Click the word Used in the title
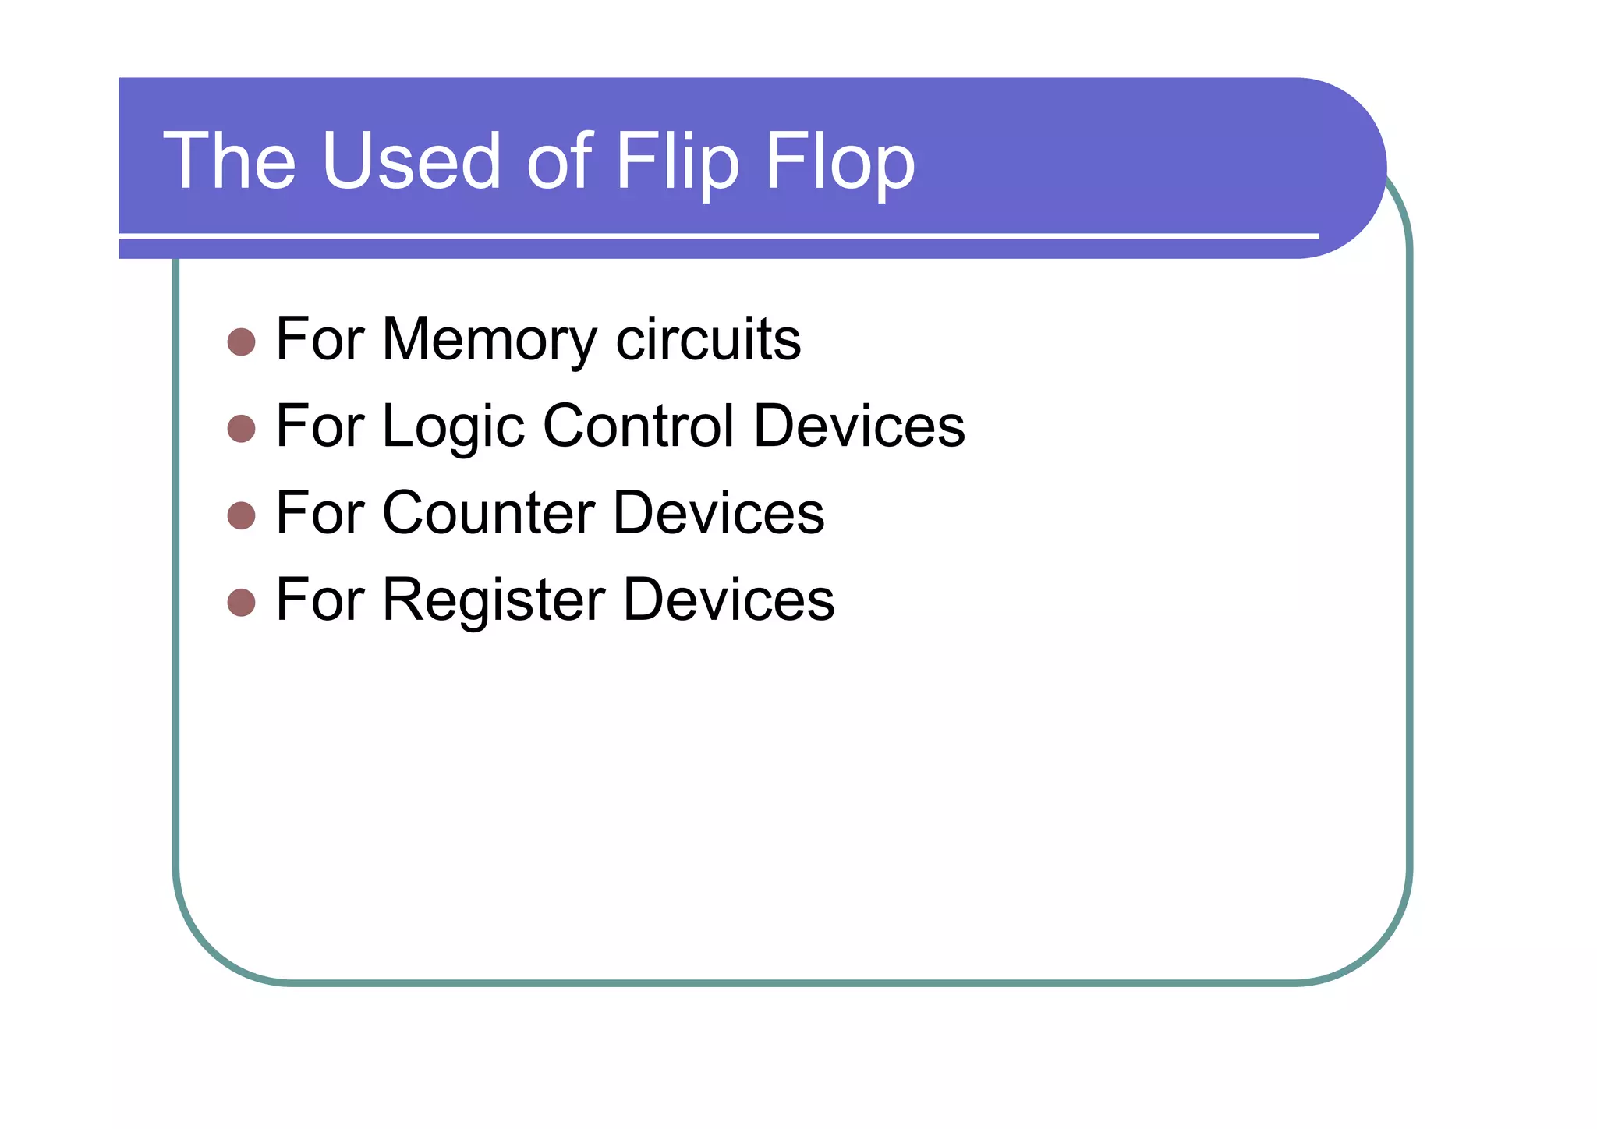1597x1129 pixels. click(410, 161)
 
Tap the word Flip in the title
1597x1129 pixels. click(677, 162)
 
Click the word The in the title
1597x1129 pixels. click(229, 161)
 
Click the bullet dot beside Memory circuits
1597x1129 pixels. click(242, 342)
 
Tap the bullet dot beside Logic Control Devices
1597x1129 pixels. click(242, 428)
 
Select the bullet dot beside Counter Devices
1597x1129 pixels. click(242, 515)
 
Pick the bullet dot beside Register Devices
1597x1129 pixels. click(242, 602)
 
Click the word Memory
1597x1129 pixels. click(489, 341)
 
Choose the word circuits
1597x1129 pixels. click(708, 339)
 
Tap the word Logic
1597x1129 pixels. click(453, 427)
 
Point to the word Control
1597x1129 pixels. click(639, 426)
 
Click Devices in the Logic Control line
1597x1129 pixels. click(859, 426)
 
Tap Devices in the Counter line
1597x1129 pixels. click(718, 513)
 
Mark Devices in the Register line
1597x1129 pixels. click(729, 600)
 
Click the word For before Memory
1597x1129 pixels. click(320, 339)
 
